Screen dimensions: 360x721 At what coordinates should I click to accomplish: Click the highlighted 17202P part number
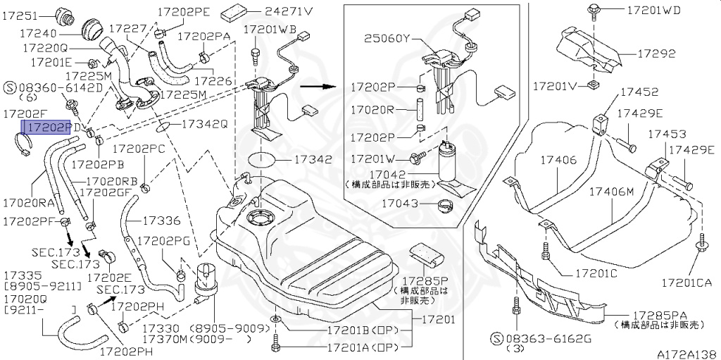46,127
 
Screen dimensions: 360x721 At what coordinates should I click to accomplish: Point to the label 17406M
611,191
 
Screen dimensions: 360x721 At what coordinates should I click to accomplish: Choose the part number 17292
656,54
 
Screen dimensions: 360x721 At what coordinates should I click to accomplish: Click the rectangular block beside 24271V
235,13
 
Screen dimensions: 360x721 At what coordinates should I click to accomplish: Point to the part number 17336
161,221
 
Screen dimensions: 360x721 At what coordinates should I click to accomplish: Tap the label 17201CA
686,283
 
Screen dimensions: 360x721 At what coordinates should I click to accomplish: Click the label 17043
400,203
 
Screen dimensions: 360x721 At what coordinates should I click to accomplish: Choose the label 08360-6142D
61,87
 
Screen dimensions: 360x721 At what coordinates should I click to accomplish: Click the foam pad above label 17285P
425,253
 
